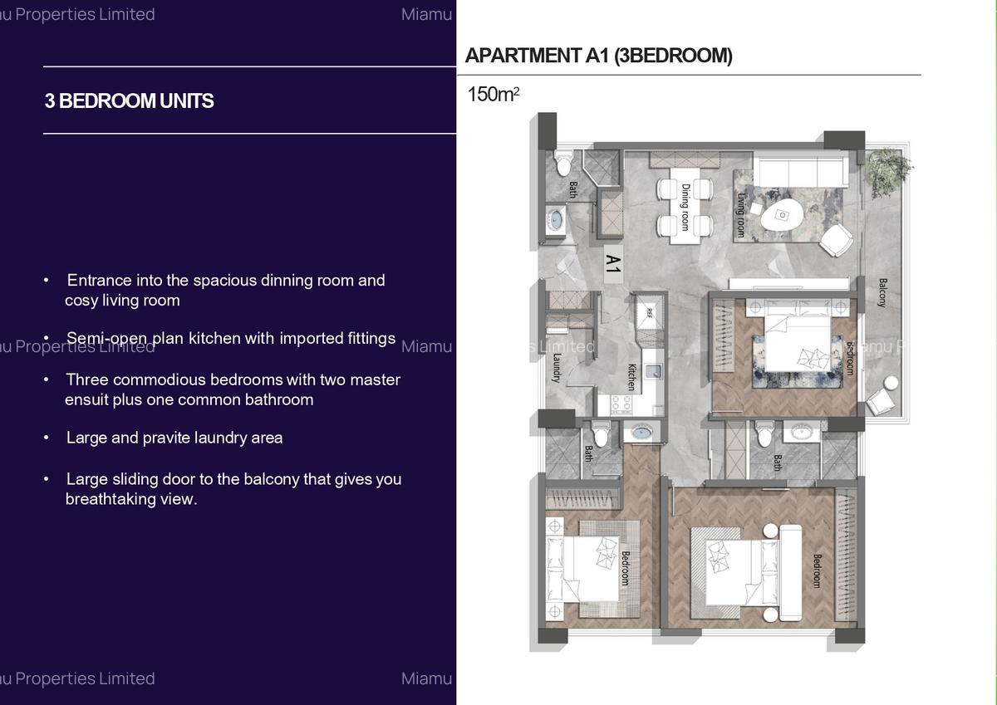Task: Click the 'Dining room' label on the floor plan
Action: [685, 207]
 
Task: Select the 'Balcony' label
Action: [882, 292]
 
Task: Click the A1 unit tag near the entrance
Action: [612, 265]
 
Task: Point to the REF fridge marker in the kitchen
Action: [650, 313]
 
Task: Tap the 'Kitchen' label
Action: [631, 376]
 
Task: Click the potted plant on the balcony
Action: [886, 170]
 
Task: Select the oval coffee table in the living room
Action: [782, 216]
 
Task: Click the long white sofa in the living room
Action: [799, 172]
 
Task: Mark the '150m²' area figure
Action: [494, 95]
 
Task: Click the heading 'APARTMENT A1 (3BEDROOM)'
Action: [598, 56]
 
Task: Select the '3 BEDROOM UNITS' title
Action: [129, 101]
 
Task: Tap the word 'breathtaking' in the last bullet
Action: [112, 499]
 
